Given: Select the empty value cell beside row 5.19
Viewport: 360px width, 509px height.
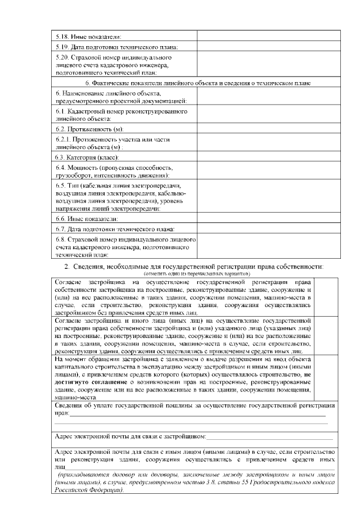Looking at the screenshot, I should [x=268, y=47].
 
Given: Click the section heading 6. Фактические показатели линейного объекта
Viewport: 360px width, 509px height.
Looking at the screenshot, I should [x=193, y=83].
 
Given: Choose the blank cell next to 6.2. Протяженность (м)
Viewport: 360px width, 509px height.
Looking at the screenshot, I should [x=268, y=129].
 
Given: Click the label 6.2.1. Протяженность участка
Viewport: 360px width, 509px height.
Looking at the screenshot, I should [x=112, y=142].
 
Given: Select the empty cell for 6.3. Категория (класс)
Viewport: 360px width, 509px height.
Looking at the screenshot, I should [x=268, y=156].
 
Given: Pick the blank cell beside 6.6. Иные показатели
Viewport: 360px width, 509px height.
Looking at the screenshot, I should [x=268, y=218].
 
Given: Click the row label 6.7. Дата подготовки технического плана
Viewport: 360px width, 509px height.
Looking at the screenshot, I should [x=115, y=229].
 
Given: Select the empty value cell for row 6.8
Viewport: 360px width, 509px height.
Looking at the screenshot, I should [x=268, y=246].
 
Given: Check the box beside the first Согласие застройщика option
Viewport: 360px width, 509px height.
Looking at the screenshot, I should [x=325, y=296].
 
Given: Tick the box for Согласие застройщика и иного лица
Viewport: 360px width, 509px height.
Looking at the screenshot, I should [x=325, y=335].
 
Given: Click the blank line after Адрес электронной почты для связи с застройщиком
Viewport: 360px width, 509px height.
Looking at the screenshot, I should [x=269, y=436].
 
